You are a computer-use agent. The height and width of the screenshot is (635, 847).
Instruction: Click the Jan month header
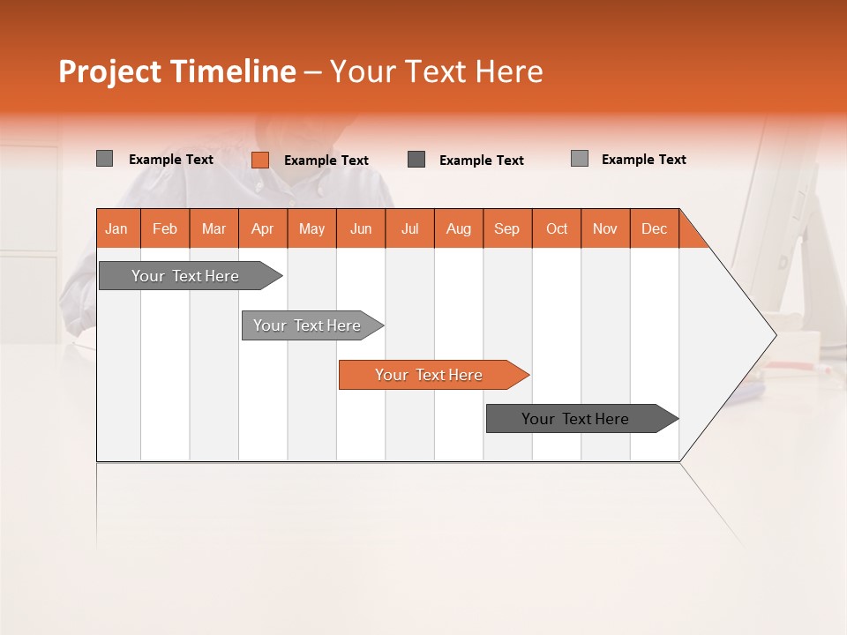[x=116, y=228]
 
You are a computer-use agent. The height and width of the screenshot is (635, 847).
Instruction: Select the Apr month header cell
[x=262, y=228]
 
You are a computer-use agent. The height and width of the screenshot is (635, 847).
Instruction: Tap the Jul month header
[x=409, y=228]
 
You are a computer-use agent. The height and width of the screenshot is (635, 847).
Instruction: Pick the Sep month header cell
[x=506, y=228]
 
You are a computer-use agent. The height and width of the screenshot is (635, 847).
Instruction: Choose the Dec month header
[x=654, y=228]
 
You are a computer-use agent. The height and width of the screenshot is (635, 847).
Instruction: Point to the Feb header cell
[x=165, y=228]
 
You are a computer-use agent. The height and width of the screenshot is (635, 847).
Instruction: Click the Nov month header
[x=604, y=228]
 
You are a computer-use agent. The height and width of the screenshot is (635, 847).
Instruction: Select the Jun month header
[x=361, y=228]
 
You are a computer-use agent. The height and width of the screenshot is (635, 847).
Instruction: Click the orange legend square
[x=259, y=160]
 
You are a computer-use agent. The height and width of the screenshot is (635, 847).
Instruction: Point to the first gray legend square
[x=104, y=159]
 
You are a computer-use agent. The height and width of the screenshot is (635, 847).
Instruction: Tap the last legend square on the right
[x=580, y=159]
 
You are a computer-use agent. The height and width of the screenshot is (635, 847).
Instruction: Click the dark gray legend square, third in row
[x=416, y=160]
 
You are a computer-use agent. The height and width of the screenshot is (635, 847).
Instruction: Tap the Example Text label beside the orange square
[x=326, y=161]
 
